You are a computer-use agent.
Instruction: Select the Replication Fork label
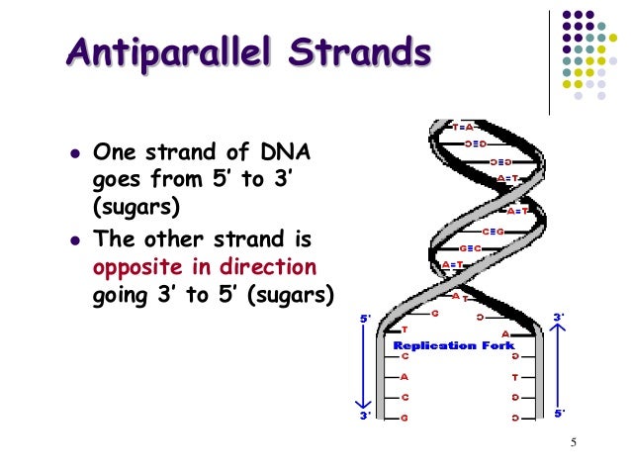[453, 345]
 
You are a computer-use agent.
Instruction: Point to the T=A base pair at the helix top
[465, 128]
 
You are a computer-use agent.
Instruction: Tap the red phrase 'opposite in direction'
[205, 267]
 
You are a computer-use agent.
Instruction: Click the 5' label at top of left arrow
[365, 319]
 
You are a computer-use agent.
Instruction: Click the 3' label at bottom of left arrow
[365, 417]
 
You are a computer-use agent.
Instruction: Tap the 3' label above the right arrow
[560, 317]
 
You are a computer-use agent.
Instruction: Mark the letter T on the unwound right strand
[514, 377]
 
